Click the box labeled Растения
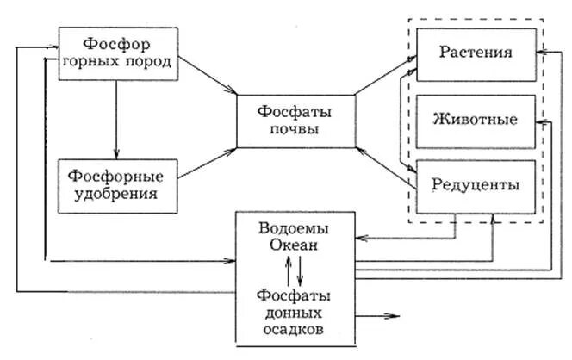pyautogui.click(x=476, y=53)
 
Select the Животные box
pyautogui.click(x=476, y=119)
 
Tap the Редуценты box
pyautogui.click(x=476, y=183)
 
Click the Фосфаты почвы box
pyautogui.click(x=295, y=121)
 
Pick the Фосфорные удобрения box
pyautogui.click(x=118, y=185)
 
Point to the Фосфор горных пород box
pyautogui.click(x=118, y=53)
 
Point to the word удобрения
pyautogui.click(x=118, y=195)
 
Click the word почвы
pyautogui.click(x=295, y=130)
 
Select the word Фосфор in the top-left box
pyautogui.click(x=118, y=42)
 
